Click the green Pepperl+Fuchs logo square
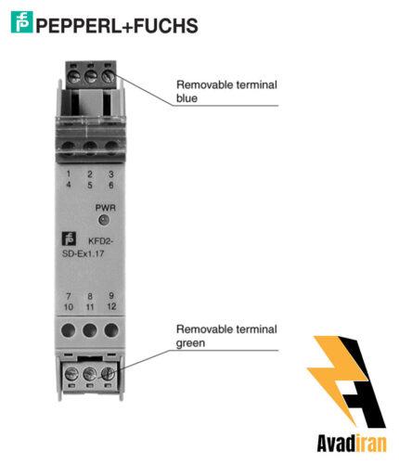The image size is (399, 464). [x=21, y=22]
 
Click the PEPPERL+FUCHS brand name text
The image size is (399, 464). [x=117, y=25]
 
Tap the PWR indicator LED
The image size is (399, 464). [x=103, y=220]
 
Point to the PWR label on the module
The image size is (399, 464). [x=106, y=208]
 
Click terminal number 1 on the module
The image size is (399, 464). [x=69, y=174]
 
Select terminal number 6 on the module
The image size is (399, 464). [x=111, y=186]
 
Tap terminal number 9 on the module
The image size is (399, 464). [x=111, y=295]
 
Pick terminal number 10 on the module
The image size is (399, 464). [x=69, y=307]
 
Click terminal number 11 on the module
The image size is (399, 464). [x=90, y=307]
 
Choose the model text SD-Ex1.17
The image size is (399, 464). [x=84, y=253]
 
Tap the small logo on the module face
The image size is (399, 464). [x=69, y=238]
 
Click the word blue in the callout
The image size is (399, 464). [x=187, y=98]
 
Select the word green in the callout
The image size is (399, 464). [x=190, y=343]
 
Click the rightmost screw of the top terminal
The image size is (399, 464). [x=108, y=76]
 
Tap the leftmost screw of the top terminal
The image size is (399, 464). [x=74, y=76]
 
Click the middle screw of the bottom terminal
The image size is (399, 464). [x=89, y=374]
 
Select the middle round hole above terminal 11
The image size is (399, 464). [x=90, y=330]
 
